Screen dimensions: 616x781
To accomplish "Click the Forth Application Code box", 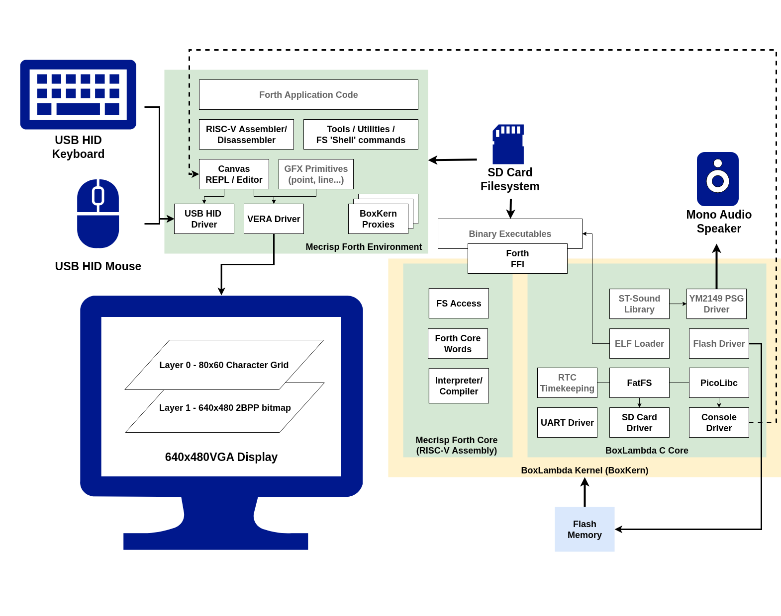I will pos(308,94).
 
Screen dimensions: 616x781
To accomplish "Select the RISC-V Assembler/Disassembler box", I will pos(246,134).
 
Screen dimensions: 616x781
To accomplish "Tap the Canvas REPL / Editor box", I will pos(234,174).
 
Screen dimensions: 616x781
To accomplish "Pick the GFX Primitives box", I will pos(316,174).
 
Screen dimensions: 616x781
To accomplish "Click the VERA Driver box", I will pos(274,219).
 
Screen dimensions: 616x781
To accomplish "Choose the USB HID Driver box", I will pos(204,219).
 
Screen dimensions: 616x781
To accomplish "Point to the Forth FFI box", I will pos(517,258).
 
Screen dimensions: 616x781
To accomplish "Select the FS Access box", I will pos(459,303).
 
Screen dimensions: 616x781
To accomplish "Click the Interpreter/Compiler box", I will pos(459,385).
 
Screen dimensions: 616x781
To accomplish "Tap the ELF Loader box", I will pos(639,343).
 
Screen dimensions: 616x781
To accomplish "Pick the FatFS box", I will pos(639,383).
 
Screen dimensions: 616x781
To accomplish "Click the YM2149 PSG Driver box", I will pos(716,304).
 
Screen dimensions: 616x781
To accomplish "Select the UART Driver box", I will pos(567,422).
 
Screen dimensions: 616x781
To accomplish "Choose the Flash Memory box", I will pos(585,529).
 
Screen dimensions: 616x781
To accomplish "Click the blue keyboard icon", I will pos(78,94).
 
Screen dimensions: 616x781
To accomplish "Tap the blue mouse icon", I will pos(98,214).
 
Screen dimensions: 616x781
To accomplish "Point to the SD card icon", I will pos(508,144).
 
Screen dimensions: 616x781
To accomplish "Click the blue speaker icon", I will pos(717,179).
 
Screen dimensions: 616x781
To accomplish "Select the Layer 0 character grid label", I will pos(224,365).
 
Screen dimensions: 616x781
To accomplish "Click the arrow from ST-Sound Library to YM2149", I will pos(678,304).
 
